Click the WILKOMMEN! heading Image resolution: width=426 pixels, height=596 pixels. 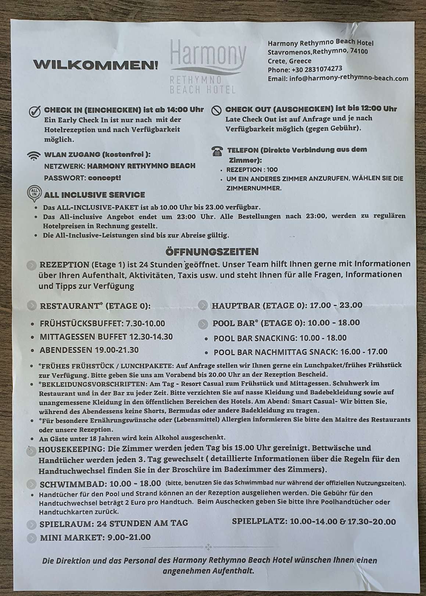pyautogui.click(x=96, y=65)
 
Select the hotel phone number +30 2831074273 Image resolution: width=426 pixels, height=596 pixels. pyautogui.click(x=317, y=69)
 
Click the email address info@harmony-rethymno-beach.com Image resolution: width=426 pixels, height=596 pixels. pyautogui.click(x=348, y=78)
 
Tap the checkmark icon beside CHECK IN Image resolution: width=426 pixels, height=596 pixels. pyautogui.click(x=35, y=111)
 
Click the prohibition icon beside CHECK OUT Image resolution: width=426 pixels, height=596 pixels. pyautogui.click(x=216, y=110)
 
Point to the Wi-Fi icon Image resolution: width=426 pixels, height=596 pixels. pyautogui.click(x=34, y=156)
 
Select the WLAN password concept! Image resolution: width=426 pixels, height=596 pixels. pyautogui.click(x=104, y=178)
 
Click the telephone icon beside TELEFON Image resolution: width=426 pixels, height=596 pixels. pyautogui.click(x=217, y=151)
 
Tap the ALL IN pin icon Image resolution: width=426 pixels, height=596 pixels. pyautogui.click(x=34, y=193)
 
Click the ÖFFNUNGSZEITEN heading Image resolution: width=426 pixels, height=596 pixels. pyautogui.click(x=212, y=252)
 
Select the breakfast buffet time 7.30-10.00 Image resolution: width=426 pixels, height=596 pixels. pyautogui.click(x=145, y=323)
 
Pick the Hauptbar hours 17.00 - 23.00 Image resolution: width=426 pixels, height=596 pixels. pyautogui.click(x=336, y=305)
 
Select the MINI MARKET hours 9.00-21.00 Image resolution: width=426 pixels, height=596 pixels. pyautogui.click(x=129, y=537)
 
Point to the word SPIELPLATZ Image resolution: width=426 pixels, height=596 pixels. pyautogui.click(x=259, y=521)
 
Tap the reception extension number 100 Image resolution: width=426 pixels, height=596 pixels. pyautogui.click(x=272, y=170)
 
